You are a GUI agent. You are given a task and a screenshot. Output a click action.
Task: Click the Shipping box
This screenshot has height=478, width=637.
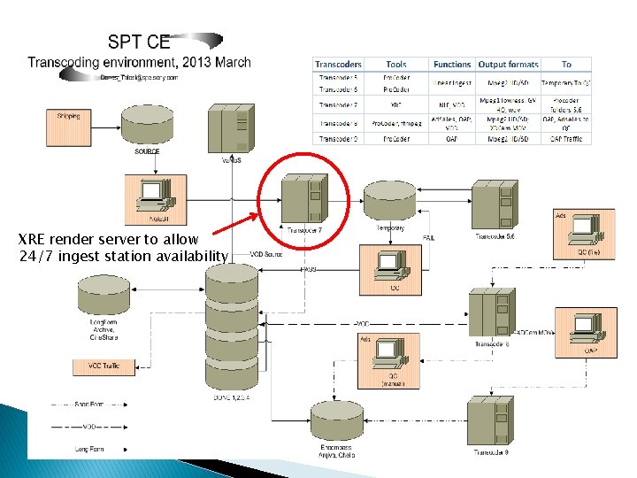[x=68, y=118]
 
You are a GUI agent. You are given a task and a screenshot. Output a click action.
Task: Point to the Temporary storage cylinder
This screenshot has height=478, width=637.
[x=389, y=202]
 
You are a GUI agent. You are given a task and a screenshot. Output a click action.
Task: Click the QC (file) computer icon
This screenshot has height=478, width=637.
[x=584, y=228]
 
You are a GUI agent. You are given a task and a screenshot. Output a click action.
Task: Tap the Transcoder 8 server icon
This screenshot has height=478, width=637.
[x=490, y=313]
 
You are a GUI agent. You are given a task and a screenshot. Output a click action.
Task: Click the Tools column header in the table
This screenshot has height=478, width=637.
[x=396, y=65]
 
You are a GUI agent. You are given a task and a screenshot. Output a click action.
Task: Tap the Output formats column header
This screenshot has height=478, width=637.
[x=508, y=65]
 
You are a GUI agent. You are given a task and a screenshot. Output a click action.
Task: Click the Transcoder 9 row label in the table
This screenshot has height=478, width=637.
[x=339, y=138]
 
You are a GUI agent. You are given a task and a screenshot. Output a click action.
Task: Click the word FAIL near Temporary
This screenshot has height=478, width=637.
[x=429, y=238]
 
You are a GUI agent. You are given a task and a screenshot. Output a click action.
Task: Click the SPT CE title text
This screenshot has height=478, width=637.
[x=140, y=42]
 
